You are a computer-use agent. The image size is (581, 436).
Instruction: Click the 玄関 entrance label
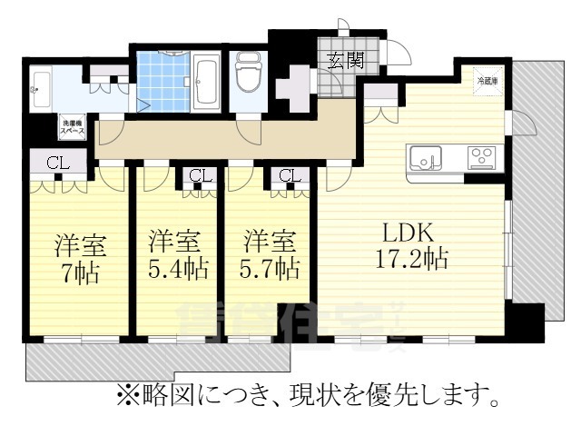[346, 61]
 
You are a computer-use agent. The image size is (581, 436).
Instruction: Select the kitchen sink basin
[424, 158]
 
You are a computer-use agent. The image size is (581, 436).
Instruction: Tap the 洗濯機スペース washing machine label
[73, 126]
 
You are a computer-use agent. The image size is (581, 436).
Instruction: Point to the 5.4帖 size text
[178, 270]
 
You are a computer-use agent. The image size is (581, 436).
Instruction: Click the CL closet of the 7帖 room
[56, 163]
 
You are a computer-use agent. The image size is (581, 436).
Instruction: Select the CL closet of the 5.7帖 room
[290, 175]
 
